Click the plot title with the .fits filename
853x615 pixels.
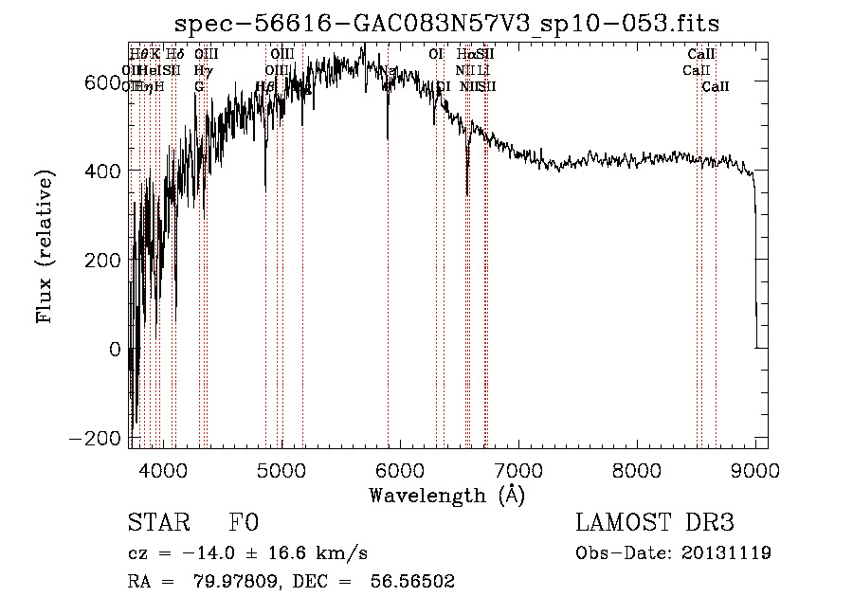pyautogui.click(x=448, y=25)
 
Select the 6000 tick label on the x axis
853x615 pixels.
pyautogui.click(x=400, y=469)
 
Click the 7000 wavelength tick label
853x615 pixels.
pyautogui.click(x=518, y=469)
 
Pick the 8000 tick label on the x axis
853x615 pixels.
pyautogui.click(x=637, y=469)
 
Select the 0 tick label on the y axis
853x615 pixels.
pyautogui.click(x=115, y=350)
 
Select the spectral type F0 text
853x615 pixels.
pyautogui.click(x=244, y=523)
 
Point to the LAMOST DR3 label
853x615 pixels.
pyautogui.click(x=654, y=523)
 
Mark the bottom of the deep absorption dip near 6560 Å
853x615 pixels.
pyautogui.click(x=467, y=195)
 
